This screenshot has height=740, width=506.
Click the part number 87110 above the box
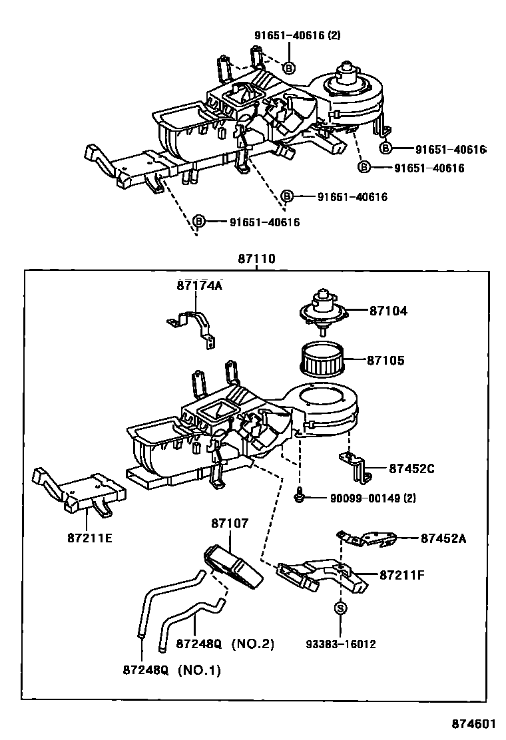pyautogui.click(x=256, y=260)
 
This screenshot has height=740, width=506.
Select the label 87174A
pyautogui.click(x=199, y=285)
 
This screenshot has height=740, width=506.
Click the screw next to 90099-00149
pyautogui.click(x=300, y=496)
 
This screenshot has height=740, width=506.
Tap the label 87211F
pyautogui.click(x=401, y=574)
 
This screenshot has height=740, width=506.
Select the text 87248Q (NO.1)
pyautogui.click(x=171, y=669)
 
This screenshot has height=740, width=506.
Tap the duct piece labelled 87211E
pyautogui.click(x=79, y=492)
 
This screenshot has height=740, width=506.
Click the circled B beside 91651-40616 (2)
pyautogui.click(x=288, y=67)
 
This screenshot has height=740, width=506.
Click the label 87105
pyautogui.click(x=385, y=361)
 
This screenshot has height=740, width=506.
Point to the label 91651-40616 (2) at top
pyautogui.click(x=296, y=35)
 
